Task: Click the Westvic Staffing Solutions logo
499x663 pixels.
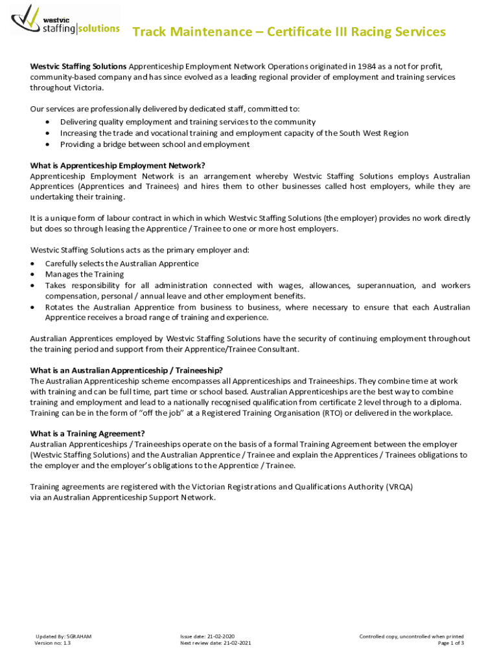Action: tap(65, 21)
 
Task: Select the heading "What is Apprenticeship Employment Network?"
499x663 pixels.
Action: tap(122, 165)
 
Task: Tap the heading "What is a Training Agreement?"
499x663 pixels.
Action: tap(87, 433)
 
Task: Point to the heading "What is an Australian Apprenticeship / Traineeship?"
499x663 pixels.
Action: tap(126, 370)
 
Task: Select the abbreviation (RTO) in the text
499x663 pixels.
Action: tap(331, 413)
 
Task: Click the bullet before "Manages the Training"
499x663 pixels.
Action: tap(33, 275)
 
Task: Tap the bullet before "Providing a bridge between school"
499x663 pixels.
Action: tap(49, 144)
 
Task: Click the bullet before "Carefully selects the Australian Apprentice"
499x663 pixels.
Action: tap(33, 264)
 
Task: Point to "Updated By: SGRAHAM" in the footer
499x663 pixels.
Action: tap(64, 636)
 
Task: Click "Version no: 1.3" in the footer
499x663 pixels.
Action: tap(53, 643)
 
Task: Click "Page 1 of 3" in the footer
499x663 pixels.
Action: tap(451, 643)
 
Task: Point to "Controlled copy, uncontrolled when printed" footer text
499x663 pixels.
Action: tap(412, 636)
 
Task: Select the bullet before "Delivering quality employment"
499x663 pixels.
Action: tap(49, 122)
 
